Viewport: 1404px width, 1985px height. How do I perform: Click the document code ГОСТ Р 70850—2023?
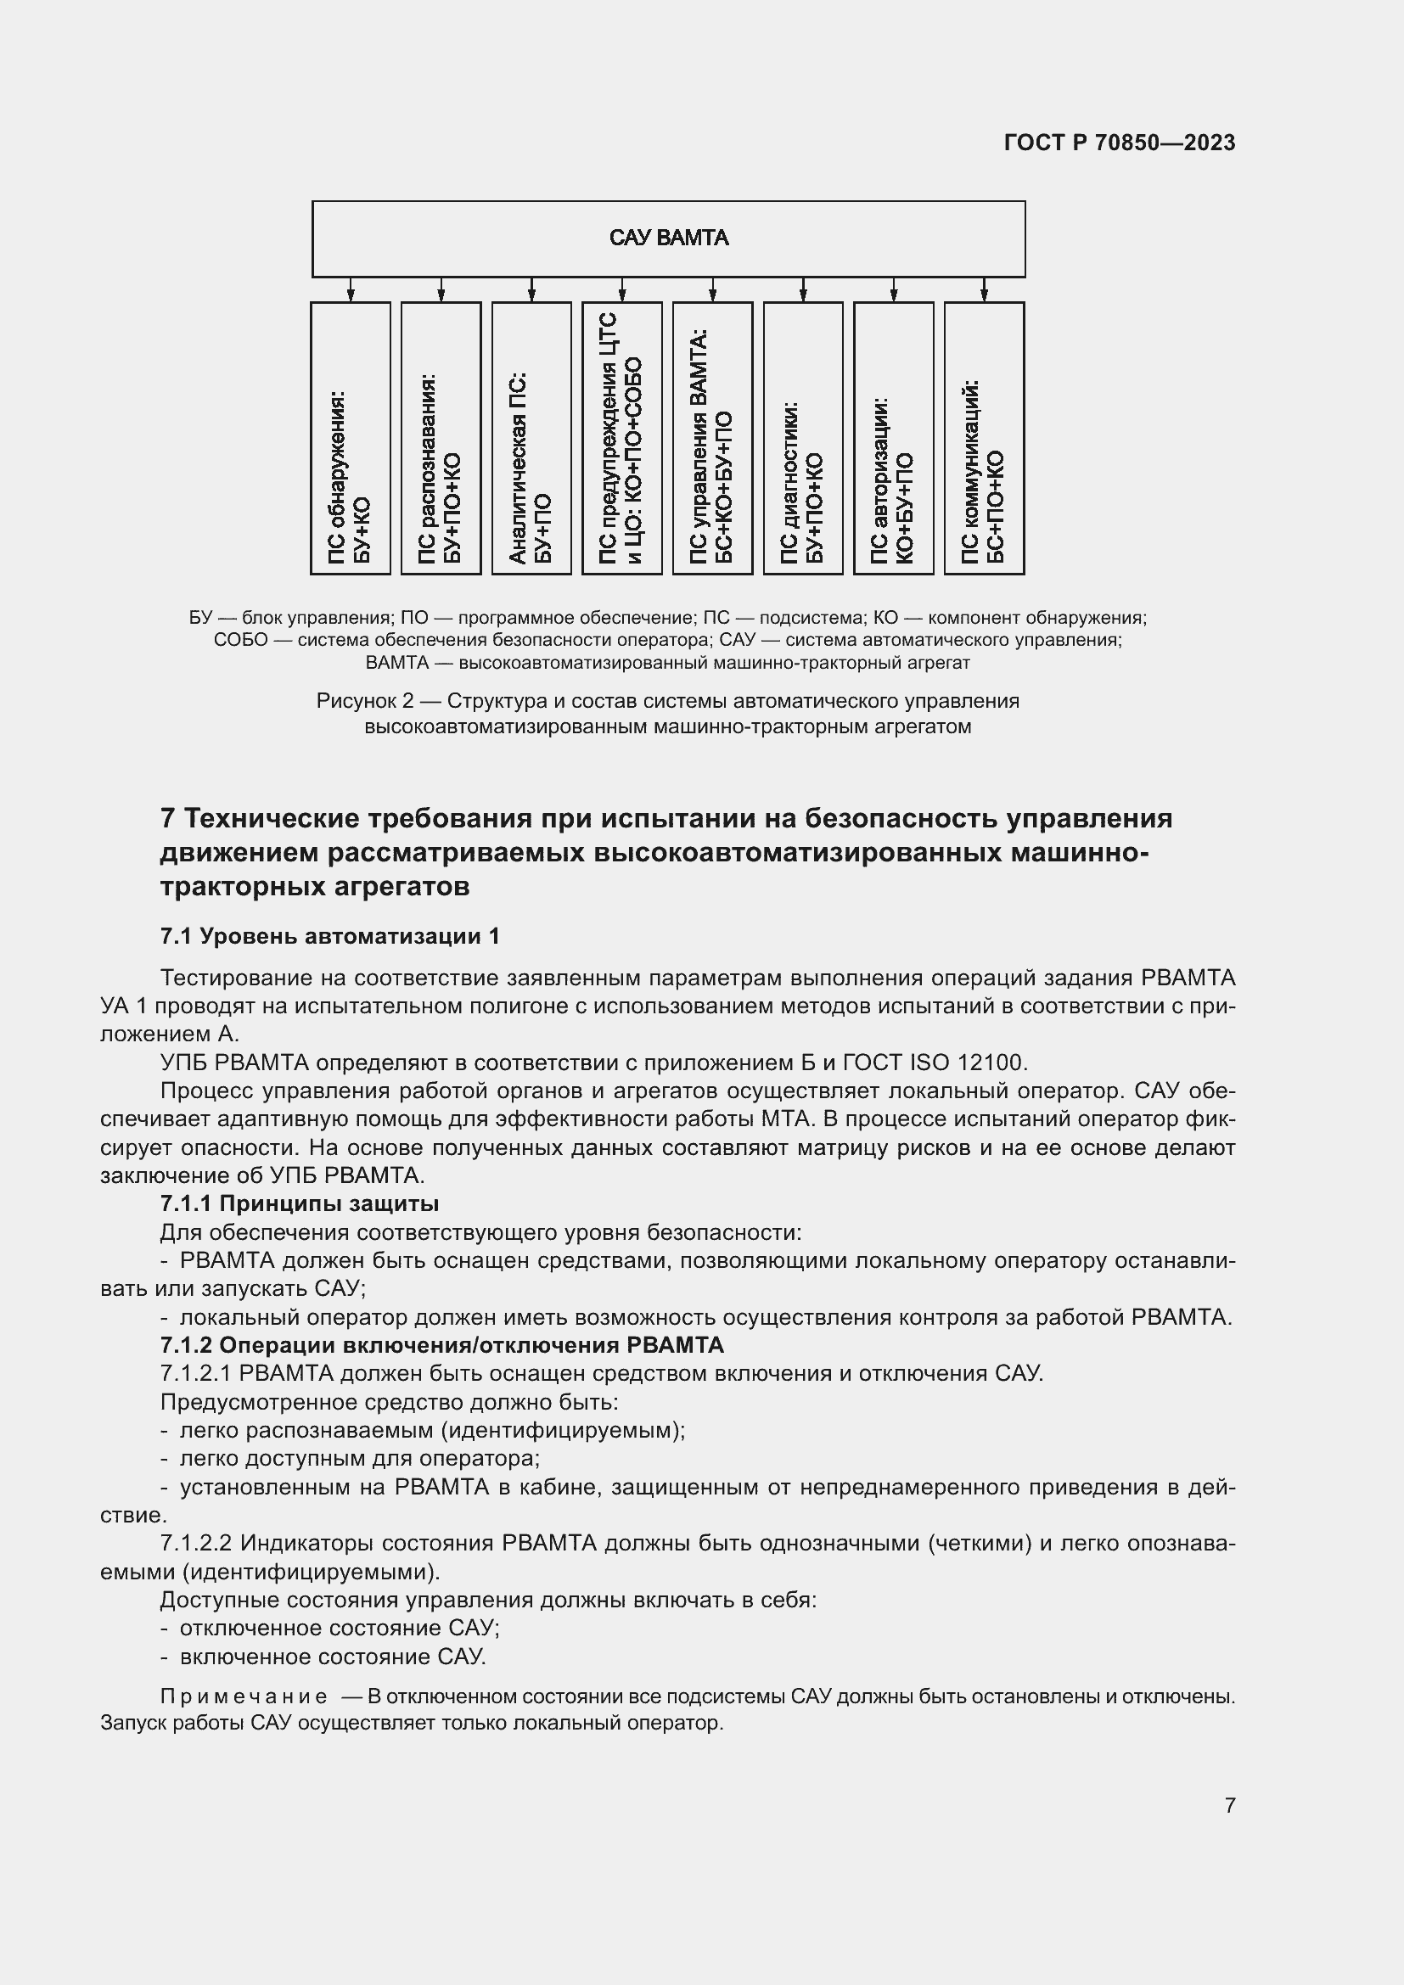point(1120,143)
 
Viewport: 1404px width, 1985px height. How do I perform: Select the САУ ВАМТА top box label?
point(668,238)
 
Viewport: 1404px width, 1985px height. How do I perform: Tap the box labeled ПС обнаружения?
point(350,437)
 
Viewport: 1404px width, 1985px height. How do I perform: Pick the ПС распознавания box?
point(441,437)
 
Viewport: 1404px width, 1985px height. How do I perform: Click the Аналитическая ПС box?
point(531,437)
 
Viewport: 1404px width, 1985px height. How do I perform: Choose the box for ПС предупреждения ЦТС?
point(621,437)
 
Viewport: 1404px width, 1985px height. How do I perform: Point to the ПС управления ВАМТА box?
point(712,437)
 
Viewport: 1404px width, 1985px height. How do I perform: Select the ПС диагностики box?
point(802,437)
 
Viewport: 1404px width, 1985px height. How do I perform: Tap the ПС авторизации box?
point(893,437)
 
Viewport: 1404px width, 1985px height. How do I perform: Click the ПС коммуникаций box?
point(984,437)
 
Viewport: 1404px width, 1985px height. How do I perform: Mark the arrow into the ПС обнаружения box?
point(350,290)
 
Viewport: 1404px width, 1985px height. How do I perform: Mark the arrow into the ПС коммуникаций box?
point(984,290)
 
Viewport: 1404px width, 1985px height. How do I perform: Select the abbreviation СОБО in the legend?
point(239,641)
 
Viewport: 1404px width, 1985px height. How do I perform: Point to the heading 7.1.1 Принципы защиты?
point(300,1203)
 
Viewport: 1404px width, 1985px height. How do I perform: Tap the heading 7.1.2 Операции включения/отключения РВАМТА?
point(441,1345)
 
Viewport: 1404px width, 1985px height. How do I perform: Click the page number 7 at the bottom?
point(1229,1805)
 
